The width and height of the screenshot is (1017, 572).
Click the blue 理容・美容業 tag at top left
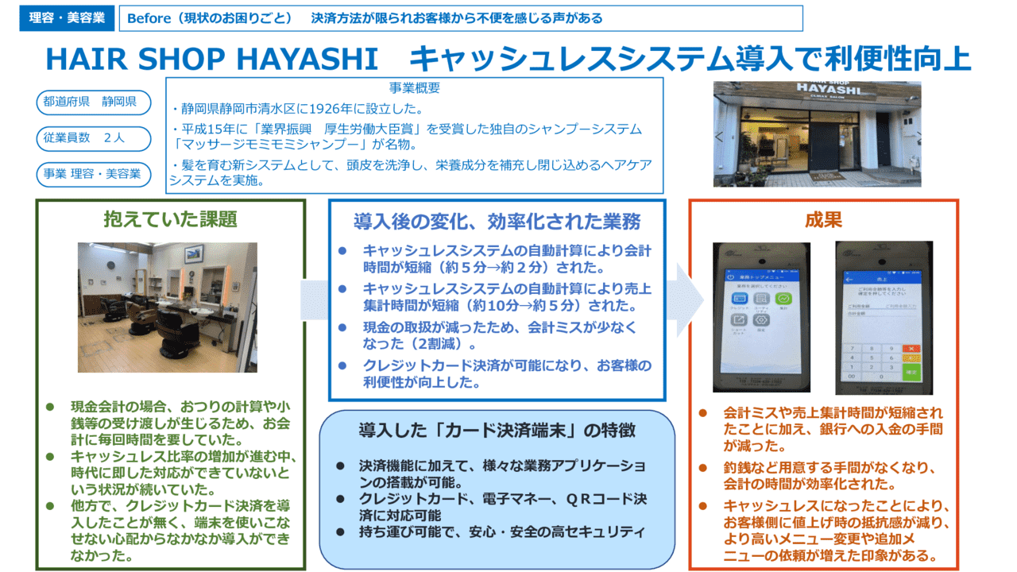[67, 18]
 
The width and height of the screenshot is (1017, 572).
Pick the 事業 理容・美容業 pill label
[93, 174]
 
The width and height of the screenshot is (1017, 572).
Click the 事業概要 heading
[414, 88]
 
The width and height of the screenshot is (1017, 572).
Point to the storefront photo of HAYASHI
[817, 133]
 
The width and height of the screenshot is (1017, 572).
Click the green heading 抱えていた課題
[170, 218]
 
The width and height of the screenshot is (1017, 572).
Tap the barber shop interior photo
[167, 307]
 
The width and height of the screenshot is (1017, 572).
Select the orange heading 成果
[823, 219]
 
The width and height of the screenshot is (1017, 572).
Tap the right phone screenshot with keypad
[884, 317]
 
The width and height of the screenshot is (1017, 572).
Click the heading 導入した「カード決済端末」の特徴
[497, 431]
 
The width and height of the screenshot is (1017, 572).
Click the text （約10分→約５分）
[491, 306]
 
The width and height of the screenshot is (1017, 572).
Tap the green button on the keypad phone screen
[911, 371]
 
